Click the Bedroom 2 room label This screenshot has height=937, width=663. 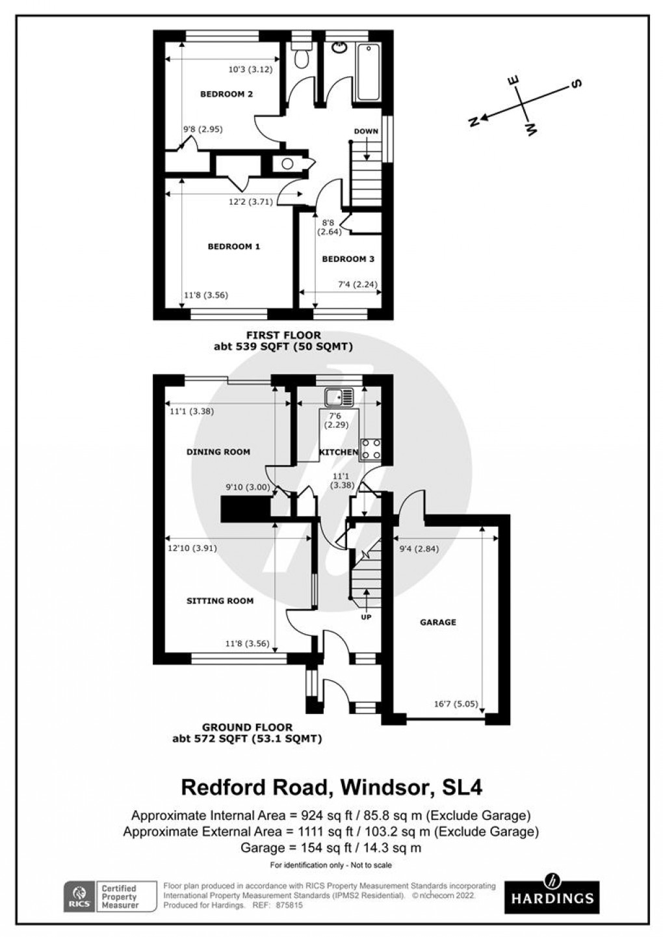[x=226, y=94]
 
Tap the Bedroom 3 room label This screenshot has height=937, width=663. [x=348, y=259]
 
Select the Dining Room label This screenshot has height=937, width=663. [x=218, y=452]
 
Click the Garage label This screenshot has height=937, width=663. [x=437, y=622]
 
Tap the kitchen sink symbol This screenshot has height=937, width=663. [x=339, y=396]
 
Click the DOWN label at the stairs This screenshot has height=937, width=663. [x=366, y=131]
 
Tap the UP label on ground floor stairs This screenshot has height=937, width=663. [x=366, y=616]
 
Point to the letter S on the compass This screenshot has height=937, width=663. [x=575, y=83]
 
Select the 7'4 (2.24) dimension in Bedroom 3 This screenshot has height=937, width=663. [x=357, y=284]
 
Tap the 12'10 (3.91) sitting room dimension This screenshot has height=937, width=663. [x=193, y=548]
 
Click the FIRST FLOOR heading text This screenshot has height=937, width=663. [x=283, y=336]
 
